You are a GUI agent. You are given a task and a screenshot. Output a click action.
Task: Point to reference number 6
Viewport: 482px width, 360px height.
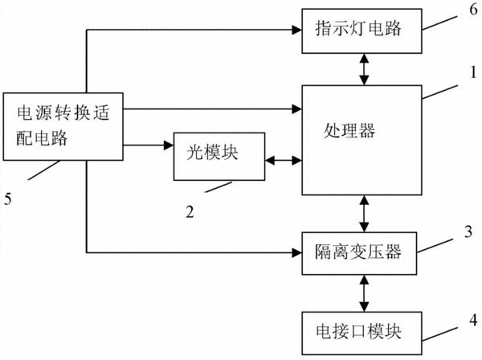click(x=473, y=10)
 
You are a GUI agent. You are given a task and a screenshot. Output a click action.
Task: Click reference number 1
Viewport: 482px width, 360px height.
click(x=473, y=72)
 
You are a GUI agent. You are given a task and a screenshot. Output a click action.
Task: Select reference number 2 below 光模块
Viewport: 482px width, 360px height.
click(x=190, y=212)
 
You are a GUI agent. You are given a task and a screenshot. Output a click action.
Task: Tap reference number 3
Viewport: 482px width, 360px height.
click(x=468, y=231)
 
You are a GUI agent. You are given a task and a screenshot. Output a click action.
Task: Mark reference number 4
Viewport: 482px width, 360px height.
click(x=473, y=320)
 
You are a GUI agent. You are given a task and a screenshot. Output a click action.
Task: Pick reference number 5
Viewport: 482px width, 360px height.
click(x=8, y=198)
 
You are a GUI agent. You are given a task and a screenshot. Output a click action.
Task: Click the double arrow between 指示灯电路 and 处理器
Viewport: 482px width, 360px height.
click(x=364, y=69)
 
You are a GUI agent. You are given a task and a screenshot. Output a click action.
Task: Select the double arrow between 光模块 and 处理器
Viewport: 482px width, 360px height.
click(x=284, y=160)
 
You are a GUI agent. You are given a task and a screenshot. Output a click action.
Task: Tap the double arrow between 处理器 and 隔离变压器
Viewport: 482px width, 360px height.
click(x=364, y=214)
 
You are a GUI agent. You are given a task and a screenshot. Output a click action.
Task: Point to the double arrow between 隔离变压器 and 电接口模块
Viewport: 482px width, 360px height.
click(x=364, y=293)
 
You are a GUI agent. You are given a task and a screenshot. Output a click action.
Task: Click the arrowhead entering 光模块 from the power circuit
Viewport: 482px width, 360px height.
click(x=169, y=145)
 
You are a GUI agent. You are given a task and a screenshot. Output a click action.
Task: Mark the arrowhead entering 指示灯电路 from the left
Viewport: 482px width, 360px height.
click(x=297, y=30)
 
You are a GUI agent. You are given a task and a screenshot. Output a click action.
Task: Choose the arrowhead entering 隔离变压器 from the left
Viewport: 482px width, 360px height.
click(x=297, y=252)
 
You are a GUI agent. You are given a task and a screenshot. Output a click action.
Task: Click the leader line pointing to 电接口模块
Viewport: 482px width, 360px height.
click(x=440, y=334)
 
